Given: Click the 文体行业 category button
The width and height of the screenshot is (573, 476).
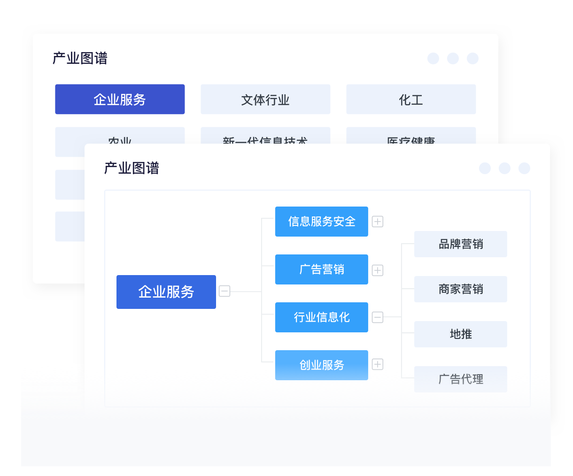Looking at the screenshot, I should point(265,100).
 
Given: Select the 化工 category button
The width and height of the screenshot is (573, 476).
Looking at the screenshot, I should point(411,100).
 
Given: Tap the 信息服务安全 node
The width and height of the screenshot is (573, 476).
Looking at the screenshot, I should point(322,222).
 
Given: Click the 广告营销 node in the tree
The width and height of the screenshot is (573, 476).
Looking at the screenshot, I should point(322,269).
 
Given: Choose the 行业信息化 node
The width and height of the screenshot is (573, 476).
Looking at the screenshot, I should point(322,317).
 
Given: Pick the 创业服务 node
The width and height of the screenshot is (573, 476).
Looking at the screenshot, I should point(322,365).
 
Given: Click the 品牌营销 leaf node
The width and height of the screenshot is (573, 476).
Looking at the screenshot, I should point(460,244).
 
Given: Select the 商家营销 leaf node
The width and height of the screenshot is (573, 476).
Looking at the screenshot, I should point(460,289).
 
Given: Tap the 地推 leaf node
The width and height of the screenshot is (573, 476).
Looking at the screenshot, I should point(460,334).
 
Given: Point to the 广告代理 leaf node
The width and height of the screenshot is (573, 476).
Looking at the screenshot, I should point(460,379).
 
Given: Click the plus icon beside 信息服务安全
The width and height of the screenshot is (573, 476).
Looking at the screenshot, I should point(378,222).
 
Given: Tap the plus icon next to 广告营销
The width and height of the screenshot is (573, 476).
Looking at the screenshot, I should point(378,270).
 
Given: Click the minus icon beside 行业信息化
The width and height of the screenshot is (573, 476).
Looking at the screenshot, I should point(378,317).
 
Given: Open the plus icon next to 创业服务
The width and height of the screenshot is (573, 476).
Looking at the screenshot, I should point(378,364).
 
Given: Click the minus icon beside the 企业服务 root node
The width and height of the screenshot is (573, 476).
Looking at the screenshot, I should point(225,292).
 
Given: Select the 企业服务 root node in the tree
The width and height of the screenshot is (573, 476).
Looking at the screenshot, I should point(166,292).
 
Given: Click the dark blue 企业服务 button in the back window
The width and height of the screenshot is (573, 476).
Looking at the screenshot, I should point(120,100).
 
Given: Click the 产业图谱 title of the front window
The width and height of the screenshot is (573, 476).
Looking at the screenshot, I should point(132,168).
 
